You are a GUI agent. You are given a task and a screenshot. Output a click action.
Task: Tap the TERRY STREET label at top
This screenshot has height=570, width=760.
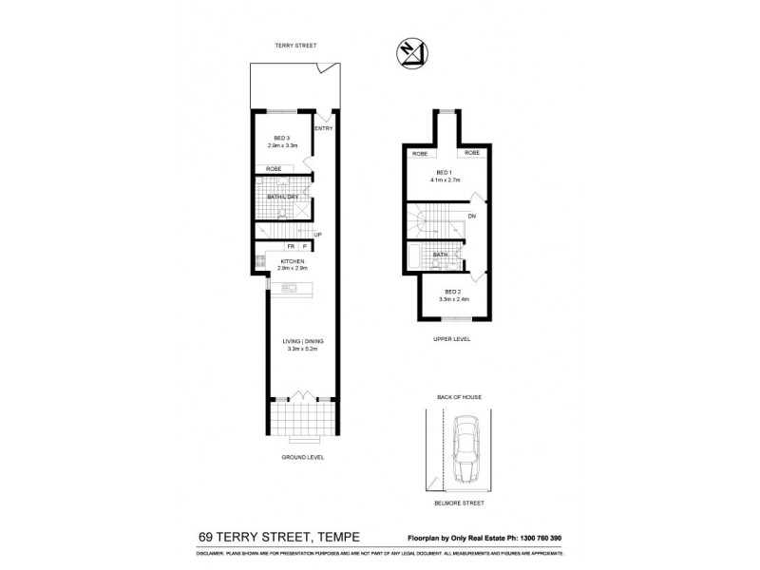294,46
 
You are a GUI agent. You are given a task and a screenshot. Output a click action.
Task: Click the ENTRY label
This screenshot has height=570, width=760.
323,128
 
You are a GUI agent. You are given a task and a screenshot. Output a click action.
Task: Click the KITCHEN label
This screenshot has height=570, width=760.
292,261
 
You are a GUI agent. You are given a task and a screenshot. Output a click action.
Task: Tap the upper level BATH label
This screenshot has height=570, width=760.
441,255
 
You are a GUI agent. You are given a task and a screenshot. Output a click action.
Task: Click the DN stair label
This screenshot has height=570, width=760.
472,217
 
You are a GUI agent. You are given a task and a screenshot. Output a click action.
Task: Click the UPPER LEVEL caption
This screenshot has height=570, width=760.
452,338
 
